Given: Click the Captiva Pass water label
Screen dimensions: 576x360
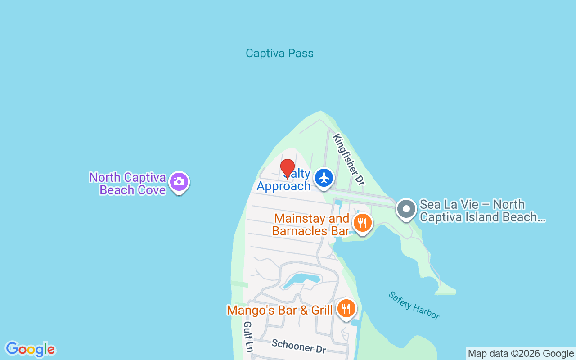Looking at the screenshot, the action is coord(279,54).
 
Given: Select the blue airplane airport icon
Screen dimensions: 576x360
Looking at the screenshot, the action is coord(324,178).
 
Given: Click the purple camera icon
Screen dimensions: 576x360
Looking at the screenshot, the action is coord(179,182).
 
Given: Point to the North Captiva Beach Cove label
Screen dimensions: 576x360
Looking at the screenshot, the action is coord(128,184).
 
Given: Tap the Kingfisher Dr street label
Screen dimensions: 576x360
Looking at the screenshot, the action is coord(348,159).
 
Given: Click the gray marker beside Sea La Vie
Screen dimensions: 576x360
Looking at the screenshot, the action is coord(406,210).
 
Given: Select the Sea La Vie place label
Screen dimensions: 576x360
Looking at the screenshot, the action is coord(481,211).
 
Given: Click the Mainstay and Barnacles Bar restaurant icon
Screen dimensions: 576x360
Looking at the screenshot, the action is coord(362,223).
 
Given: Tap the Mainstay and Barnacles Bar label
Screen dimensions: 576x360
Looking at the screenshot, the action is coord(311,225).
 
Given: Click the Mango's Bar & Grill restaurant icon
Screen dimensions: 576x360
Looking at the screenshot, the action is coord(346,308).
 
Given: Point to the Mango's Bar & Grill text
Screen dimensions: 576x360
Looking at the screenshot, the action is coord(279,310).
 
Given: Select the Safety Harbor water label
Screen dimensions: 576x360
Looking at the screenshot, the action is coord(414,306).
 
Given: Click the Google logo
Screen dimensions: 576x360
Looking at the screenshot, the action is coord(31,349).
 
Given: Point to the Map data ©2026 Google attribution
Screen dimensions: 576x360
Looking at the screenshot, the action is coord(521,354).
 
